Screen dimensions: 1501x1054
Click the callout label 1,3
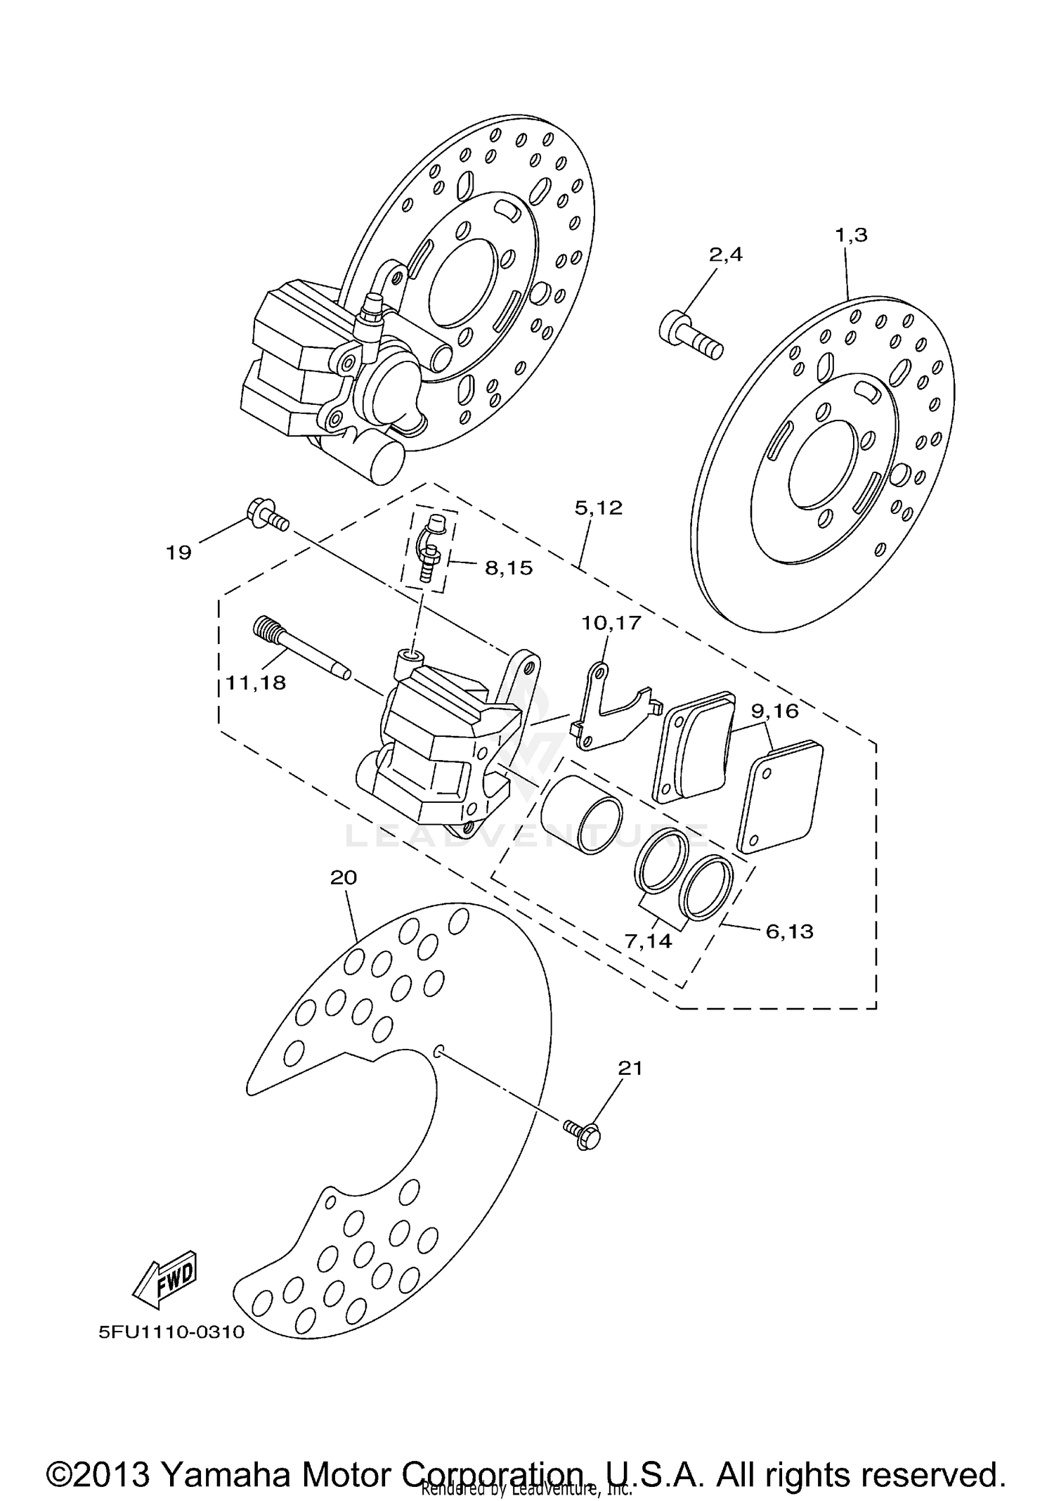[851, 236]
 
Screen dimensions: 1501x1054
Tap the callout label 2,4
[725, 255]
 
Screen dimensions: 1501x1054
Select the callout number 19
[178, 553]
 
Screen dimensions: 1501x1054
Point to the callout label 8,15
[509, 568]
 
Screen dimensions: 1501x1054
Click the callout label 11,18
[256, 682]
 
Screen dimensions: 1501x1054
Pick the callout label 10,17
[611, 623]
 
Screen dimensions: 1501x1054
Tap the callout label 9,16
[774, 711]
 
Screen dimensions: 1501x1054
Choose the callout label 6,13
[789, 932]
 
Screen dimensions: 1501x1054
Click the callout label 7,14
[648, 941]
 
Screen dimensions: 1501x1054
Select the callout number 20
[344, 877]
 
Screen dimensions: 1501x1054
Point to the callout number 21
[630, 1069]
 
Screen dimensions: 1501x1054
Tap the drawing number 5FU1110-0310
[171, 1332]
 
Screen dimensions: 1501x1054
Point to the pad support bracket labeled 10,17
[609, 710]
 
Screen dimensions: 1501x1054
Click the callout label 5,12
[599, 508]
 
